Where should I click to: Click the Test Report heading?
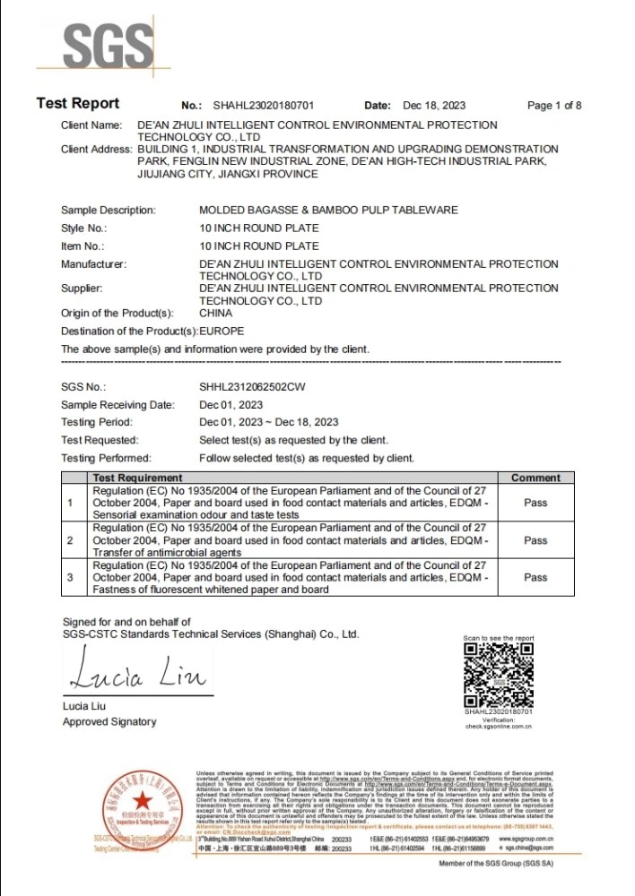77,104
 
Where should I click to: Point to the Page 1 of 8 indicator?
554,106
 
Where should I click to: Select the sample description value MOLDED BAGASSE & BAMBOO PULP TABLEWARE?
328,210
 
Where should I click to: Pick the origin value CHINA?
215,314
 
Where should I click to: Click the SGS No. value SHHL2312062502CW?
252,385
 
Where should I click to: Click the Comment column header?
535,478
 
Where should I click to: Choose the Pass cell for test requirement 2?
535,540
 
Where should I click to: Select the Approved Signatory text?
109,722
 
